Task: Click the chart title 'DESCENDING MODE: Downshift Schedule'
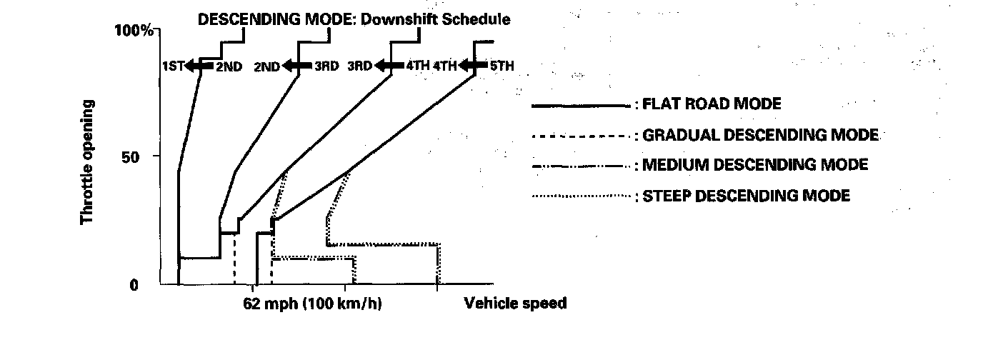point(354,20)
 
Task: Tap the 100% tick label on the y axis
point(134,31)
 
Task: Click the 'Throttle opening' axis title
point(88,162)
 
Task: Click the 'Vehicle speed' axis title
point(515,304)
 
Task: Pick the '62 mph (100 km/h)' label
point(312,304)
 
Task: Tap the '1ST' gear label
point(173,66)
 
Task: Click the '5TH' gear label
point(501,66)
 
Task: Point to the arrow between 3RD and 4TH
point(389,66)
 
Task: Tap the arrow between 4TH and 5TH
point(473,66)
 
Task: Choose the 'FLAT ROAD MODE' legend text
point(712,104)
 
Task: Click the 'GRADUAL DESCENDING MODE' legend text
point(760,135)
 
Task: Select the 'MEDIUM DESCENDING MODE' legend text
point(755,165)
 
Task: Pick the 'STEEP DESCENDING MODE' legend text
point(746,195)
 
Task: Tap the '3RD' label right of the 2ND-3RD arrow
point(326,66)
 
